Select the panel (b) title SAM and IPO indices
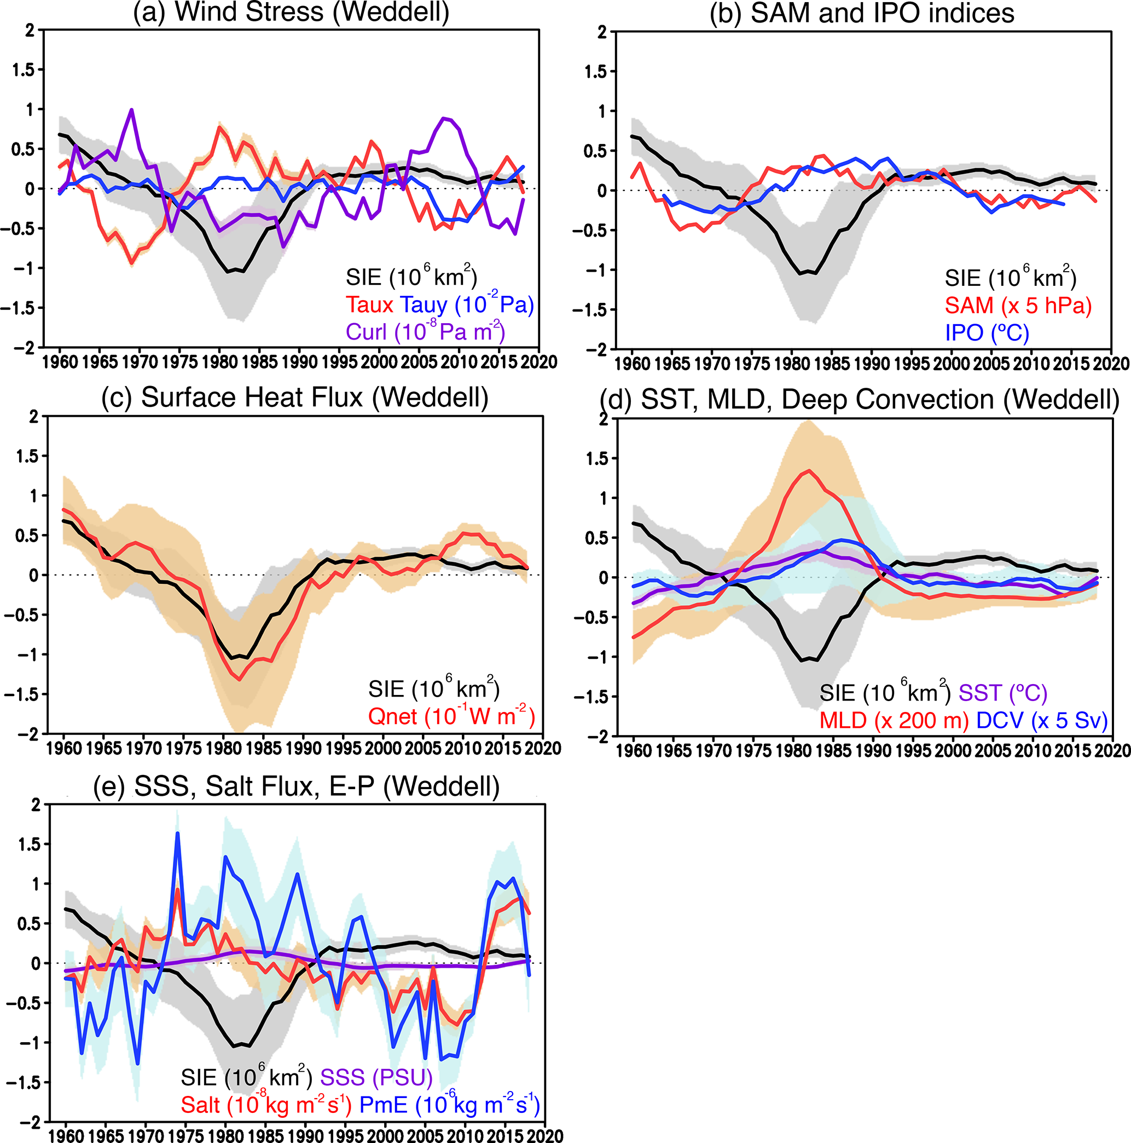[861, 13]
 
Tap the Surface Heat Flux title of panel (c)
[294, 398]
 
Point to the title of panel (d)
[859, 400]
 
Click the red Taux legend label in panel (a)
[369, 305]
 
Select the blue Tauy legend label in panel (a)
[467, 305]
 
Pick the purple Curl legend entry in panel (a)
[425, 332]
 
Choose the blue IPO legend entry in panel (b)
[987, 332]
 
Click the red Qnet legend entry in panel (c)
[451, 716]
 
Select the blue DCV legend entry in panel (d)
[1042, 720]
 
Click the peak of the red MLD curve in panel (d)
[809, 471]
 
